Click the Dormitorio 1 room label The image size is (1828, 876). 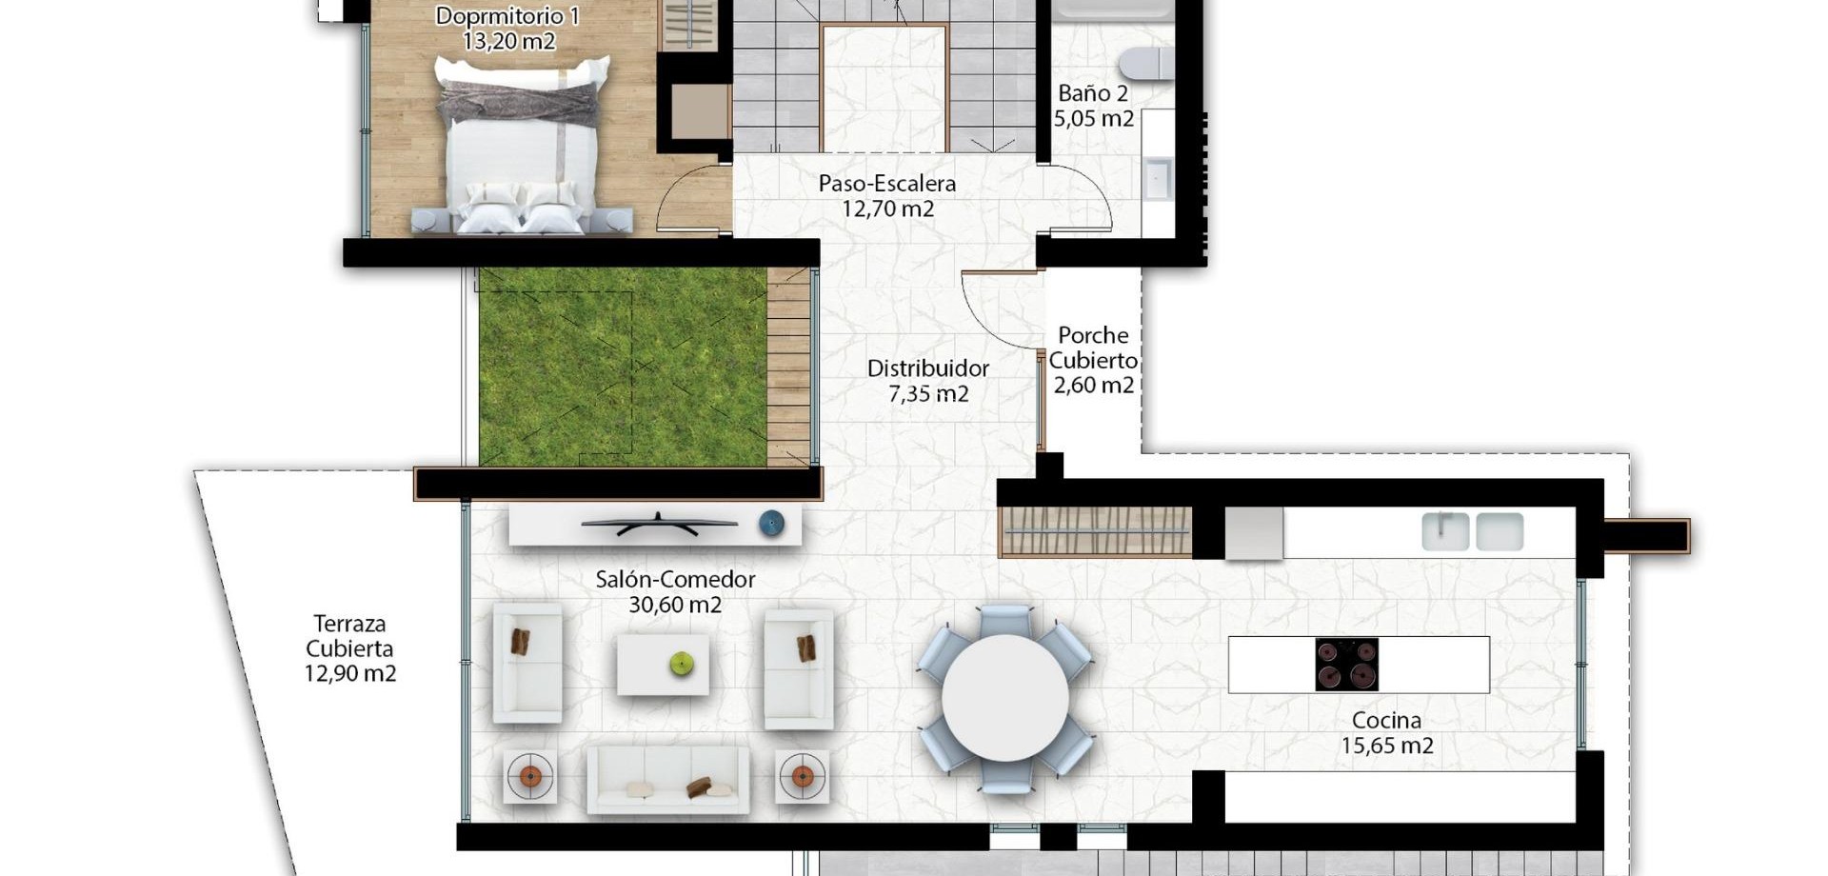pyautogui.click(x=507, y=16)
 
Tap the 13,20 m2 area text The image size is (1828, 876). pyautogui.click(x=508, y=41)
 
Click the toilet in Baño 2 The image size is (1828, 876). pyautogui.click(x=1147, y=63)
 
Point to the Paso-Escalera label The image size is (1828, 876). pyautogui.click(x=886, y=183)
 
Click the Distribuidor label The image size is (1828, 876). pyautogui.click(x=927, y=368)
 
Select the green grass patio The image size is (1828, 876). pyautogui.click(x=623, y=367)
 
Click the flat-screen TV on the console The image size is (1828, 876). pyautogui.click(x=659, y=523)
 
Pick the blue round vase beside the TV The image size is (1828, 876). pyautogui.click(x=771, y=523)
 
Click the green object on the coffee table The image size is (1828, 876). pyautogui.click(x=681, y=664)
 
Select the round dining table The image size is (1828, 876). pyautogui.click(x=1004, y=698)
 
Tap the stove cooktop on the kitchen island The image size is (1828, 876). pyautogui.click(x=1346, y=664)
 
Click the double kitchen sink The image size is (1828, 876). pyautogui.click(x=1472, y=531)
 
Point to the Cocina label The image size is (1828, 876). pyautogui.click(x=1386, y=721)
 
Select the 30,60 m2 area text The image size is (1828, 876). pyautogui.click(x=675, y=605)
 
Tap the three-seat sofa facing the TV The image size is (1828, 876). pyautogui.click(x=667, y=779)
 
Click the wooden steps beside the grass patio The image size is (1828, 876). pyautogui.click(x=788, y=367)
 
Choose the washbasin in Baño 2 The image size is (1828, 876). pyautogui.click(x=1158, y=179)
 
